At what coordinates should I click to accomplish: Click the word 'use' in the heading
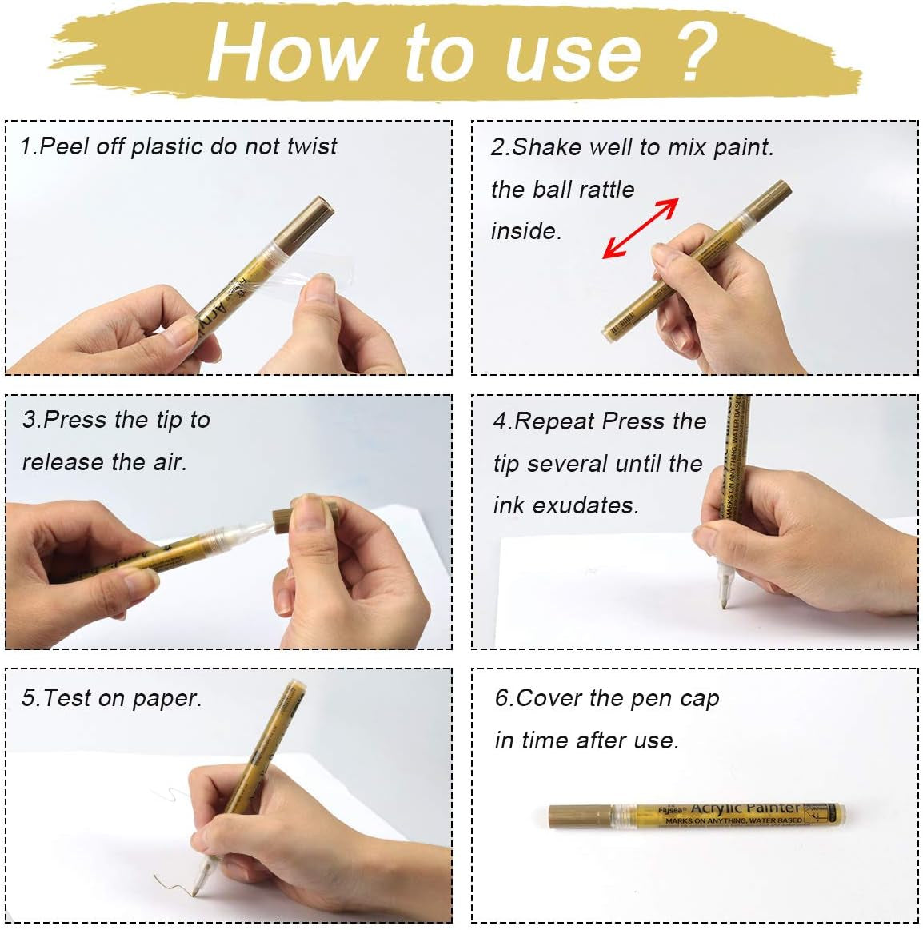[573, 53]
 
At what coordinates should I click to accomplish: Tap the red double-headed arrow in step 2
[640, 229]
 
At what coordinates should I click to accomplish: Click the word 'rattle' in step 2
[600, 190]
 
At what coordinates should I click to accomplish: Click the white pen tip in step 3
[254, 528]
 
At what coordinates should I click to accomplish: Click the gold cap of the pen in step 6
[579, 816]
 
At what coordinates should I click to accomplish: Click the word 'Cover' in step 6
[550, 698]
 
